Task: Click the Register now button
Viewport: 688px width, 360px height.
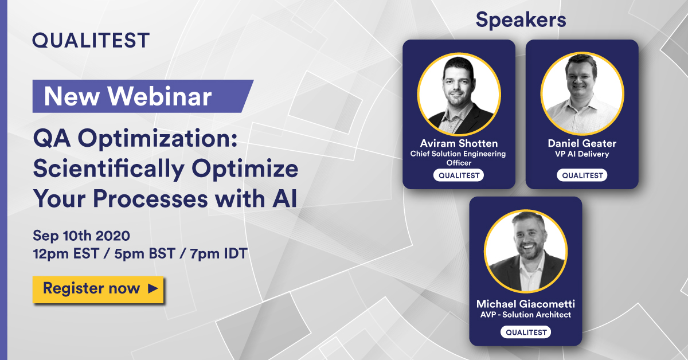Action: coord(98,289)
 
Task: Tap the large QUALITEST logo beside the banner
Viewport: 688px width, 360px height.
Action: coord(91,40)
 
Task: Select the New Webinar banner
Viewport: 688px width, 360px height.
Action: coord(143,96)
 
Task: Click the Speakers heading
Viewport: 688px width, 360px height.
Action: coord(521,20)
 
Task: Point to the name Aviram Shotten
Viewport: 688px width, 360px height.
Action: coord(459,143)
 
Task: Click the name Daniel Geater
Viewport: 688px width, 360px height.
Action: coord(582,143)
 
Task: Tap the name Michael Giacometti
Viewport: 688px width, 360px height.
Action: coord(526,304)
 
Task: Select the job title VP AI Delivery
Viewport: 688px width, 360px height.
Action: coord(582,154)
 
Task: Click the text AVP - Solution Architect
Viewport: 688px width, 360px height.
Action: coord(526,315)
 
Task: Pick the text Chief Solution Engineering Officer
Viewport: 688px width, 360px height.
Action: coord(458,158)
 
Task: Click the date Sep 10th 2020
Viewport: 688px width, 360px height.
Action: coord(81,236)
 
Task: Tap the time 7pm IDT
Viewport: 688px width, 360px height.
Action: coord(218,254)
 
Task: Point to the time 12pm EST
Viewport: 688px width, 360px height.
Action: coord(66,254)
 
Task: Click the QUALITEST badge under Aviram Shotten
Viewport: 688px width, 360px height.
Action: coord(459,175)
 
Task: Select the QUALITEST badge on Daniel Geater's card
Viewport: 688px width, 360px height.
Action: coord(583,175)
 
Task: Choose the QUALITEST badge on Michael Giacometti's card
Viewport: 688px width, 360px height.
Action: coord(526,332)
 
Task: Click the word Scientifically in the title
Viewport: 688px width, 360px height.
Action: coord(109,169)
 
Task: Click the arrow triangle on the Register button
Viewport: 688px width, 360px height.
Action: coord(153,288)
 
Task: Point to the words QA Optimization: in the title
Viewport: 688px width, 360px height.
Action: coord(135,139)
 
